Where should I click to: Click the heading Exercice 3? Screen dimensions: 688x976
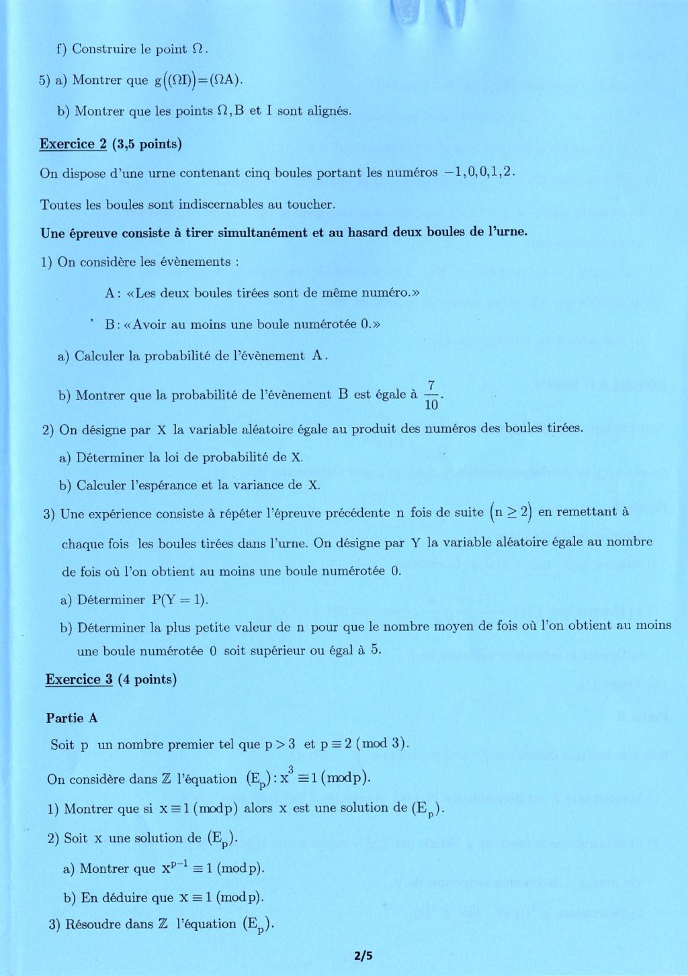[x=79, y=679]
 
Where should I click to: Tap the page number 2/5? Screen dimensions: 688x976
[x=363, y=956]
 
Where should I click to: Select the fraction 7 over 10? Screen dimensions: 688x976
[x=431, y=395]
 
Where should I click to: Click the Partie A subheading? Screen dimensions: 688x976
[x=72, y=718]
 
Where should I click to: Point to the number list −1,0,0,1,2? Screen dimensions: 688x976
[x=479, y=172]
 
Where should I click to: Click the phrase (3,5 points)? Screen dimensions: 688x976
[x=147, y=144]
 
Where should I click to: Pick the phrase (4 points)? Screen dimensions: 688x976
[x=147, y=679]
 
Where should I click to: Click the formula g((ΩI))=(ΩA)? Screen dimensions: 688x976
[x=198, y=80]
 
